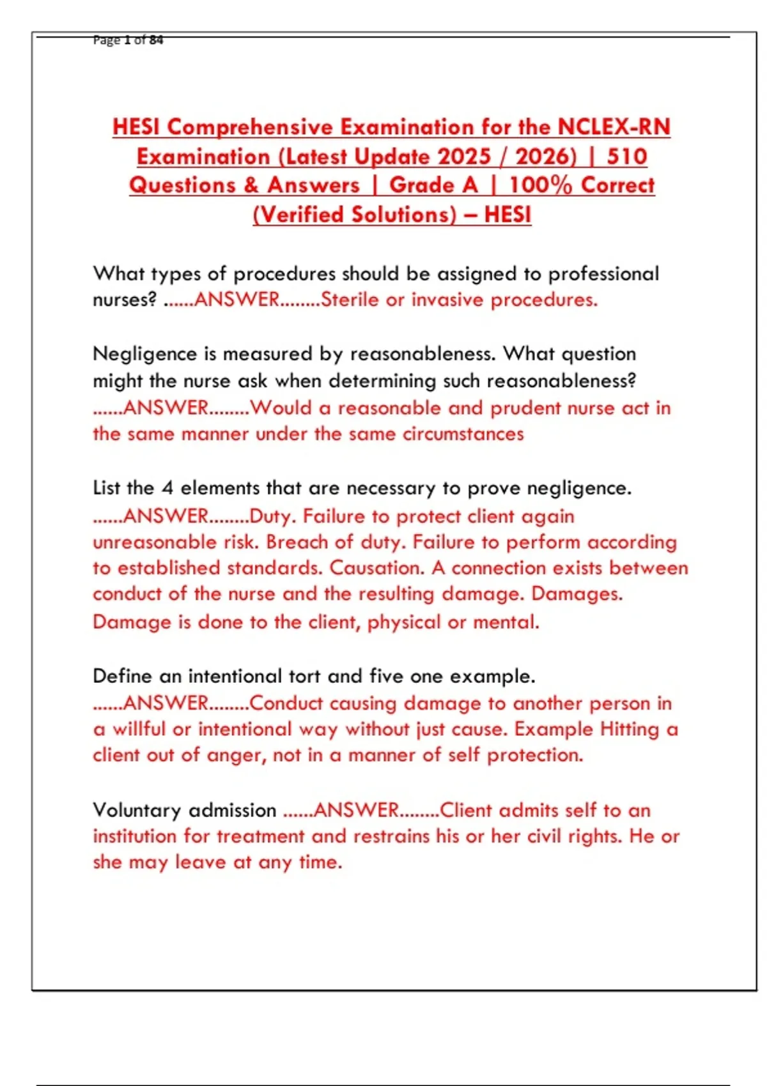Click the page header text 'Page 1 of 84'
tap(128, 40)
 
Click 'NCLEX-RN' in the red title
tap(614, 126)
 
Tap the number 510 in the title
tap(626, 156)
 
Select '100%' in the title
tap(540, 185)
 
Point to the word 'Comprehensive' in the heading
tap(250, 126)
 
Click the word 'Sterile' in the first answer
tap(350, 300)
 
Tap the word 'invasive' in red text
tap(447, 300)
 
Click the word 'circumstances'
tap(463, 434)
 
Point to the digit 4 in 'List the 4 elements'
tap(167, 488)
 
